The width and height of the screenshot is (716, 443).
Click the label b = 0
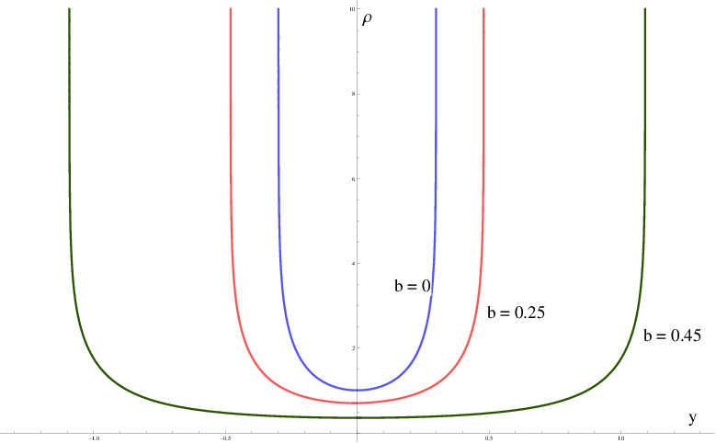click(x=413, y=287)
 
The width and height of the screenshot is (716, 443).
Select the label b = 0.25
click(x=517, y=312)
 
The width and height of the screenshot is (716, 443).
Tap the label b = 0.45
click(x=673, y=335)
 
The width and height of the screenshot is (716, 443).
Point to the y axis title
click(x=692, y=417)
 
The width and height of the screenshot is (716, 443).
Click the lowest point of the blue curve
click(x=357, y=390)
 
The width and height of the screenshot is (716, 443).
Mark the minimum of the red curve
click(x=357, y=403)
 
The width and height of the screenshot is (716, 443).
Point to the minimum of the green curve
click(x=357, y=417)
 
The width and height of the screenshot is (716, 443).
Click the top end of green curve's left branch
click(x=69, y=8)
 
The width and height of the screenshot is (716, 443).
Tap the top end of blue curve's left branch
click(x=278, y=8)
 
